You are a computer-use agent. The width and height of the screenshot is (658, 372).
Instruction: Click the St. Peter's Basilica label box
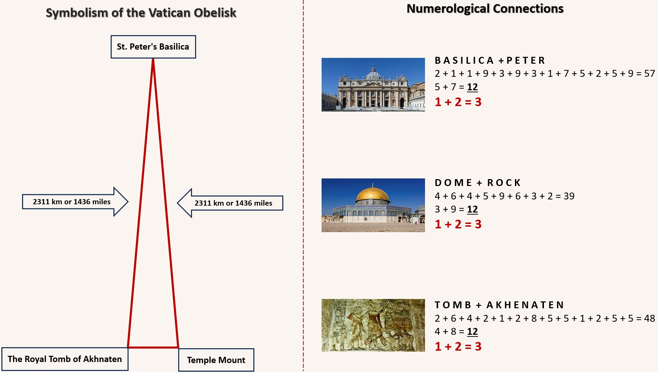[x=153, y=47]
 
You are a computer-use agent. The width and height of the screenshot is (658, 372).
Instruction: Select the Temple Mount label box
[x=216, y=360]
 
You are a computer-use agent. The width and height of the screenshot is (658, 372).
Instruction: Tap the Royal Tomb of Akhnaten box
[x=65, y=359]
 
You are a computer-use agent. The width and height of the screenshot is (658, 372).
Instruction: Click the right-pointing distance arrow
[x=75, y=202]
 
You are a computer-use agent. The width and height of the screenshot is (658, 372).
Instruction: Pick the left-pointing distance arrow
[x=230, y=203]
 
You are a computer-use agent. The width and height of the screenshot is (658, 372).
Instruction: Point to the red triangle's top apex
[x=153, y=59]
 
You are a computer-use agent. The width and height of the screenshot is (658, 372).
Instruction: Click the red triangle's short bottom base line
[x=153, y=347]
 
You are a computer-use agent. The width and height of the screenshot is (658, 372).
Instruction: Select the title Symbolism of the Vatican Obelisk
[x=141, y=13]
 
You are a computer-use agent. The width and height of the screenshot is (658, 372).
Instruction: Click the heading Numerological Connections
[x=485, y=9]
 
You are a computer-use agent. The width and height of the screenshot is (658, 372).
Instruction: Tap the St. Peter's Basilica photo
[x=373, y=85]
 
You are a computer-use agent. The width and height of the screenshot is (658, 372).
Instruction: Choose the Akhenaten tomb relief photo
[x=373, y=325]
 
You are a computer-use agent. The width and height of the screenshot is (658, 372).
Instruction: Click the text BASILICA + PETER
[x=490, y=61]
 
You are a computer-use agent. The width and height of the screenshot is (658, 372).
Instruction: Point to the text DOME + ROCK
[x=478, y=183]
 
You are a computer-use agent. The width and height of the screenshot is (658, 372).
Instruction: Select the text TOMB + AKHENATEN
[x=499, y=305]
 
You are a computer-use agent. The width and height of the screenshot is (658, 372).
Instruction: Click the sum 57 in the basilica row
[x=649, y=74]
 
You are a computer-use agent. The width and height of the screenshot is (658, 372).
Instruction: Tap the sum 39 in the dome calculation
[x=569, y=196]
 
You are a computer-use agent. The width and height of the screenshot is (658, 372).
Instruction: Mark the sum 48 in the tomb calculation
[x=649, y=318]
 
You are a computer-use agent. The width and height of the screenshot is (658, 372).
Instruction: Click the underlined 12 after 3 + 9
[x=473, y=209]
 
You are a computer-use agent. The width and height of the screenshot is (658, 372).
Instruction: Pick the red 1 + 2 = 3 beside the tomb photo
[x=458, y=347]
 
